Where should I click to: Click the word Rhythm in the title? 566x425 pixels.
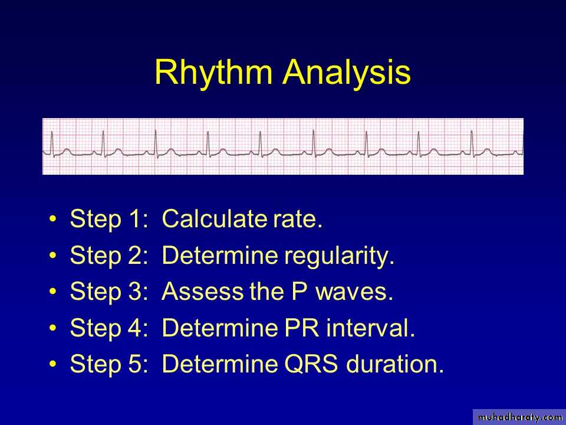coord(213,72)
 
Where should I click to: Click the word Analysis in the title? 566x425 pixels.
coord(347,72)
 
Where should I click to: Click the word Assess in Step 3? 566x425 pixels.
coord(202,291)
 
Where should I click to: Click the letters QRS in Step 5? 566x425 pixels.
coord(311,364)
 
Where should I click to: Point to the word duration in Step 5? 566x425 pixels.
coord(394,364)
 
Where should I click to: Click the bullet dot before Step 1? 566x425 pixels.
coord(53,219)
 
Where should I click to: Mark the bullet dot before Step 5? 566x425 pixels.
coord(53,364)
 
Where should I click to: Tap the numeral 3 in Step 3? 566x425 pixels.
coord(136,291)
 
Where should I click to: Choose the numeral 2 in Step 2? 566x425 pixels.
coord(136,255)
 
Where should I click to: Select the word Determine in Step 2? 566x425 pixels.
coord(221,255)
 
